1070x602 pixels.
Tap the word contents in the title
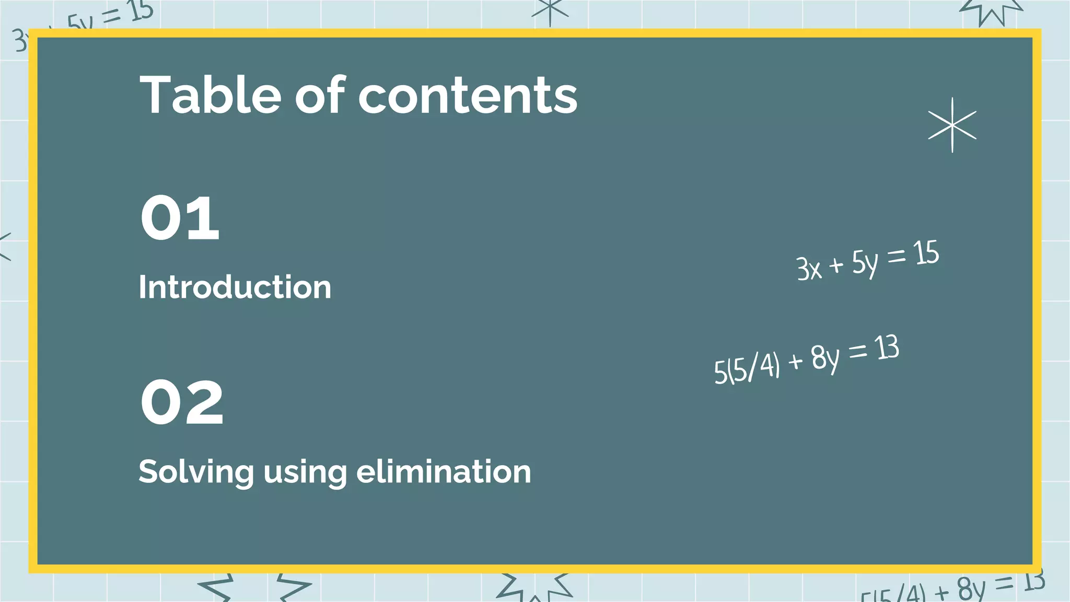click(468, 96)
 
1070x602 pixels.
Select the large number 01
click(180, 218)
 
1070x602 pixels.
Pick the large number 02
click(182, 402)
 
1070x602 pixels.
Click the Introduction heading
click(235, 287)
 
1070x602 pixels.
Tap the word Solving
click(196, 472)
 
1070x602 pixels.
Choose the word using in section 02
click(305, 472)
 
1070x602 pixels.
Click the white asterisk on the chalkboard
click(952, 125)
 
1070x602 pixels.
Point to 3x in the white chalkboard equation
click(809, 269)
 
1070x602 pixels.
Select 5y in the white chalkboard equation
click(865, 262)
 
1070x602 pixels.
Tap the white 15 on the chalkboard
click(926, 253)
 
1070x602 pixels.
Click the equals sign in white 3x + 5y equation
click(896, 256)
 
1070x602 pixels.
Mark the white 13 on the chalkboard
click(887, 348)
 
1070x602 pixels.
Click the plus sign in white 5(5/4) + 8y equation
click(795, 361)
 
